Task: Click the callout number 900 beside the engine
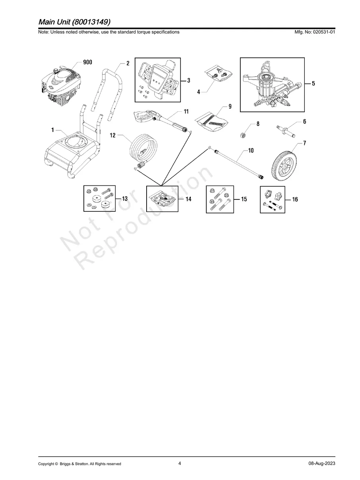pyautogui.click(x=87, y=62)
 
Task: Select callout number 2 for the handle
pyautogui.click(x=128, y=63)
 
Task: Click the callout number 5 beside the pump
pyautogui.click(x=313, y=83)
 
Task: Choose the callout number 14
pyautogui.click(x=188, y=199)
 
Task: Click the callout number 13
pyautogui.click(x=124, y=198)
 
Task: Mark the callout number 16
pyautogui.click(x=295, y=200)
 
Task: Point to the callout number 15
pyautogui.click(x=244, y=199)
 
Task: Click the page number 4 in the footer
pyautogui.click(x=180, y=463)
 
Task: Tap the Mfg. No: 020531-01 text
pyautogui.click(x=314, y=32)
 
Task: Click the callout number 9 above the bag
pyautogui.click(x=230, y=106)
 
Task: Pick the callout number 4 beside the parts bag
pyautogui.click(x=199, y=92)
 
